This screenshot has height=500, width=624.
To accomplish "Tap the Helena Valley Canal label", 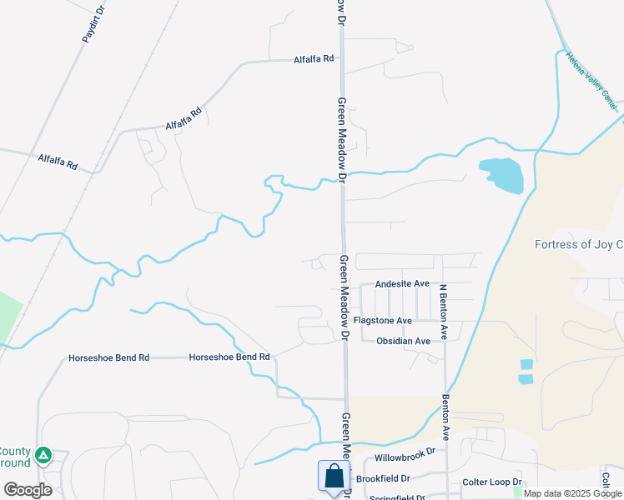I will point(591,81).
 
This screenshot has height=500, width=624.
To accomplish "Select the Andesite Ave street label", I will point(402,284).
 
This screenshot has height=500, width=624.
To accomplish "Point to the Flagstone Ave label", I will point(383,321).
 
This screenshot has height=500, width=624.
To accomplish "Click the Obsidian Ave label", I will point(403,341).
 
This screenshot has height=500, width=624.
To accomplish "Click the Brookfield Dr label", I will point(383,479).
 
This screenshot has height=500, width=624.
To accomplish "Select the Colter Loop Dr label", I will point(492,482).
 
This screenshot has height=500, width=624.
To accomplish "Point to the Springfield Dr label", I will point(397,497).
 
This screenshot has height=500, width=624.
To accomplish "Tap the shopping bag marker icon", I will point(334,477).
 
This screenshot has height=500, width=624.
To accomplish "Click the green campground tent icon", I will point(43,456).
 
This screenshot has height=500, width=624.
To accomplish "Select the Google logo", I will point(28,489).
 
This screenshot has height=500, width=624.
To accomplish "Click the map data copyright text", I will point(572,493).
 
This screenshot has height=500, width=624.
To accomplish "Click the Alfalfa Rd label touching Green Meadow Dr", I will point(314,59).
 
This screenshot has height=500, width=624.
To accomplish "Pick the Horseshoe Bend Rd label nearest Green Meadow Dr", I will point(229,357).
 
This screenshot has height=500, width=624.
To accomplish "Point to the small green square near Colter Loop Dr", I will point(518,492).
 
